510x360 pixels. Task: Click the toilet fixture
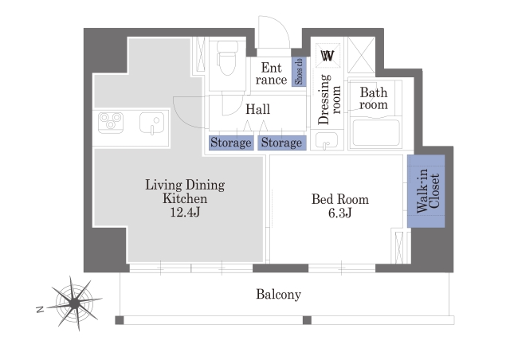click(227, 57)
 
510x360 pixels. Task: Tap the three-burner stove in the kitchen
click(111, 123)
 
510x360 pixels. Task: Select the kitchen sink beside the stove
click(151, 123)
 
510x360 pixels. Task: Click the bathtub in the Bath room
click(376, 133)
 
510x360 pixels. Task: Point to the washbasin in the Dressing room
click(327, 141)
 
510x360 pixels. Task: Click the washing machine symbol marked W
click(328, 56)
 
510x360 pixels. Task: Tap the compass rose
click(75, 303)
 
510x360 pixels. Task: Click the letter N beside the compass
click(40, 309)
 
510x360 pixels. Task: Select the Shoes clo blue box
click(299, 72)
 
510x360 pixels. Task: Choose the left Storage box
click(231, 143)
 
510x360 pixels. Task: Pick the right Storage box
click(281, 143)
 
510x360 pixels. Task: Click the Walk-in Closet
click(426, 191)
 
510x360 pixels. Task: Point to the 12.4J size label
click(185, 213)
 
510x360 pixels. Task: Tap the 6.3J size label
click(340, 213)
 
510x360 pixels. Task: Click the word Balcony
click(278, 295)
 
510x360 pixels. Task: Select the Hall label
click(257, 109)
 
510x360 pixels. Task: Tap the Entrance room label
click(271, 74)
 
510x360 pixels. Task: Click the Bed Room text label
click(340, 199)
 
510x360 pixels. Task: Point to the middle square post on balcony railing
click(307, 320)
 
